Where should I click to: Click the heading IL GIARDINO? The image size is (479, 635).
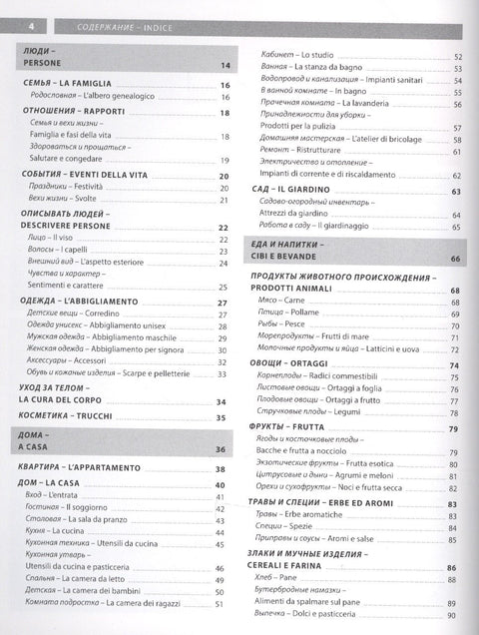306,190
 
